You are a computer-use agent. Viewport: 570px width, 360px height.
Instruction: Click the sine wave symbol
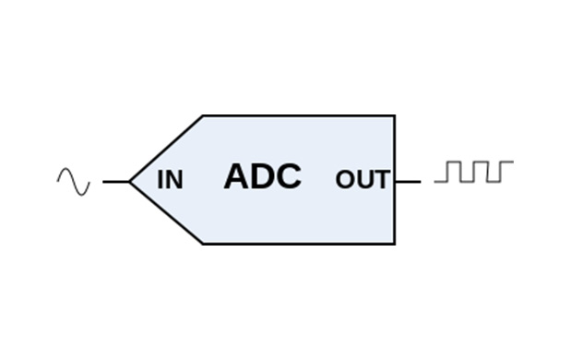[x=74, y=181]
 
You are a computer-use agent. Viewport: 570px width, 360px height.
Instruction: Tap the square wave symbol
[x=474, y=172]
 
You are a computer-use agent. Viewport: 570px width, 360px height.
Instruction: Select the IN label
[x=170, y=180]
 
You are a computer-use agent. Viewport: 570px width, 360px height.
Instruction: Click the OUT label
[x=362, y=180]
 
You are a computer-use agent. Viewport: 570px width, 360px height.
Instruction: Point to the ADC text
[x=262, y=176]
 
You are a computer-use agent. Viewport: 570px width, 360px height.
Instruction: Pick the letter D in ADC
[x=262, y=176]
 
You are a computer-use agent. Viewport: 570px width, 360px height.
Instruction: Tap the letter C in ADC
[x=288, y=176]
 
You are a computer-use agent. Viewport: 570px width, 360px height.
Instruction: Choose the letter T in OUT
[x=381, y=180]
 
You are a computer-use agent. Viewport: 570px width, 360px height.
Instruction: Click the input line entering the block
[x=115, y=181]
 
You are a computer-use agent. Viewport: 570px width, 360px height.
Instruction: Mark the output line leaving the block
[x=408, y=181]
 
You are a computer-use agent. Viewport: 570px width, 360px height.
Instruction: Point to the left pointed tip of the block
[x=130, y=181]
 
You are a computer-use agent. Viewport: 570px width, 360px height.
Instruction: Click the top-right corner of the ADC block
[x=395, y=116]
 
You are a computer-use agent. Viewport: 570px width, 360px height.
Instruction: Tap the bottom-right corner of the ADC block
[x=395, y=244]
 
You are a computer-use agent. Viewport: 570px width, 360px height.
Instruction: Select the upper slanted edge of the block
[x=166, y=148]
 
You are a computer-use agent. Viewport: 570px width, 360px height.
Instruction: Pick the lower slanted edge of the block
[x=166, y=213]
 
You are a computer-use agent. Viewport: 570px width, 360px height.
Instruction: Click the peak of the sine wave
[x=65, y=171]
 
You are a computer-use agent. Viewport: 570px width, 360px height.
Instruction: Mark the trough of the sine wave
[x=82, y=193]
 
